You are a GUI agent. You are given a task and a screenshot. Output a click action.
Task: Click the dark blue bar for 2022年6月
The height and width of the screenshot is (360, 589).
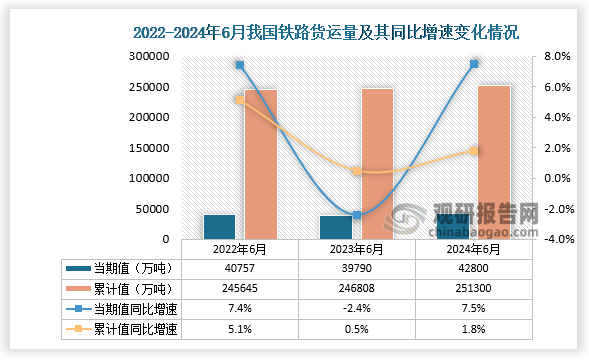pos(219,227)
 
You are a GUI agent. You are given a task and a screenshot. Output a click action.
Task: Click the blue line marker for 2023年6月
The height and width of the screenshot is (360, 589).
pos(356,215)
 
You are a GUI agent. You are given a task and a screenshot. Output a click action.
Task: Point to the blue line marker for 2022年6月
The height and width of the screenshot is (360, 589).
pos(240,65)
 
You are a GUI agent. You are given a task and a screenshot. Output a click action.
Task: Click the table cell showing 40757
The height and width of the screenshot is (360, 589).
pos(239,268)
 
